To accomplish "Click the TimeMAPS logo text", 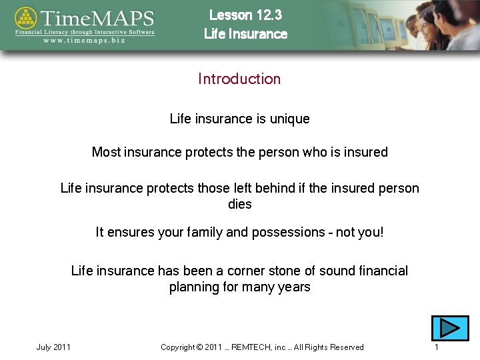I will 97,17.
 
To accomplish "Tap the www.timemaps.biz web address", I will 85,40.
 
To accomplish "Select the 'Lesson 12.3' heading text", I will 245,15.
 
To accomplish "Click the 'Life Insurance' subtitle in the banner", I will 245,34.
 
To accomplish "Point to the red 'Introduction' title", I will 239,79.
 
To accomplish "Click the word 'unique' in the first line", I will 289,119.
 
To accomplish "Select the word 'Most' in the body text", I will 106,152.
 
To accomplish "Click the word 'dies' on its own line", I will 239,204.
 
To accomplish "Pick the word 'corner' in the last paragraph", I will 246,271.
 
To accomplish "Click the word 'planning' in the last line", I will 193,287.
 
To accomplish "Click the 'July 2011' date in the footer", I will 53,347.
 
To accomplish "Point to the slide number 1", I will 436,347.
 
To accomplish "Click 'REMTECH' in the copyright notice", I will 253,347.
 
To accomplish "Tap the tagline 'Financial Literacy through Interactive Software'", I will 85,31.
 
